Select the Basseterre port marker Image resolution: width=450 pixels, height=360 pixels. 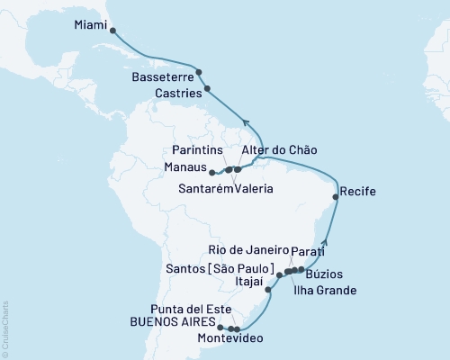pyautogui.click(x=199, y=72)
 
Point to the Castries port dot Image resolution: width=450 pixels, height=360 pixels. pyautogui.click(x=208, y=88)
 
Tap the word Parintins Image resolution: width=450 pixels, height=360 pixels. pyautogui.click(x=201, y=148)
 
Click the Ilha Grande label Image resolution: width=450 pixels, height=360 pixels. pyautogui.click(x=325, y=291)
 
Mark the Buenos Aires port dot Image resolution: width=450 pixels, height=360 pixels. pyautogui.click(x=220, y=328)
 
